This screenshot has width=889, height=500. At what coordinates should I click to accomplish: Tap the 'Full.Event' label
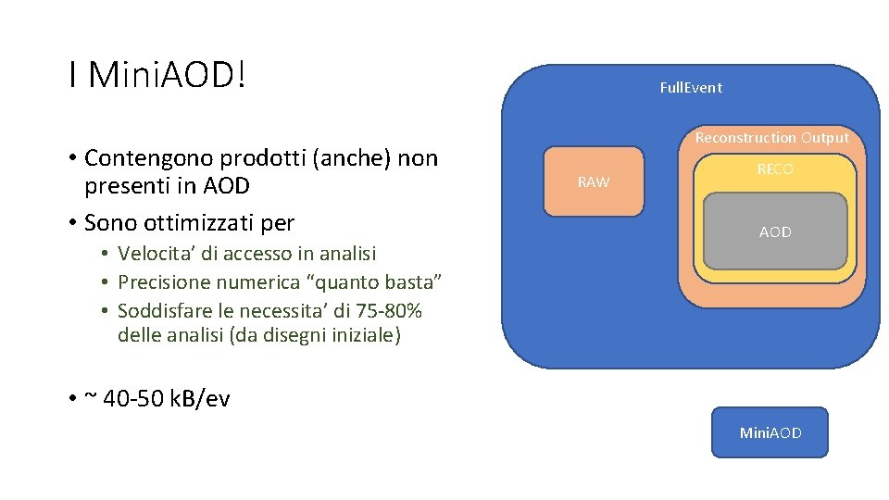(690, 88)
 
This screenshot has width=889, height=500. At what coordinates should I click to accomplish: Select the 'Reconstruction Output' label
(771, 138)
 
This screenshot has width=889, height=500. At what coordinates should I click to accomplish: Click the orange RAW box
(593, 181)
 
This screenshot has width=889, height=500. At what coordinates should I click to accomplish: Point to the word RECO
(774, 169)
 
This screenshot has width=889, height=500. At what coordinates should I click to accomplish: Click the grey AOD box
(775, 232)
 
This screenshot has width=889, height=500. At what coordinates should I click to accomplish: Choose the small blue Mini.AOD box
(770, 432)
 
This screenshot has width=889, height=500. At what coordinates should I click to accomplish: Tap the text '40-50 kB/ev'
(167, 399)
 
